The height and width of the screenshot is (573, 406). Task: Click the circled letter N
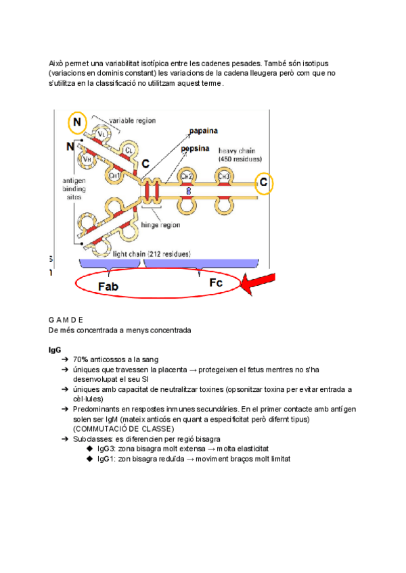(x=78, y=123)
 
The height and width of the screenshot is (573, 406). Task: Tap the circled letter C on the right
(x=264, y=182)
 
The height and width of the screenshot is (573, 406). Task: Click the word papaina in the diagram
(x=208, y=131)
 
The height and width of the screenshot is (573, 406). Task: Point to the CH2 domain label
(x=187, y=177)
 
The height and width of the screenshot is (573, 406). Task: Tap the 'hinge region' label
(x=160, y=224)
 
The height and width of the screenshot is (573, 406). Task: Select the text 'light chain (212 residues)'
(x=151, y=254)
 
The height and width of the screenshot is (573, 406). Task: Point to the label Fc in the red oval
(x=216, y=283)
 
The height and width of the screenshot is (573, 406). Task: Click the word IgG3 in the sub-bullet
(x=108, y=449)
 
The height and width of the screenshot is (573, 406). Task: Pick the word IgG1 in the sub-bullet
(x=108, y=459)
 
